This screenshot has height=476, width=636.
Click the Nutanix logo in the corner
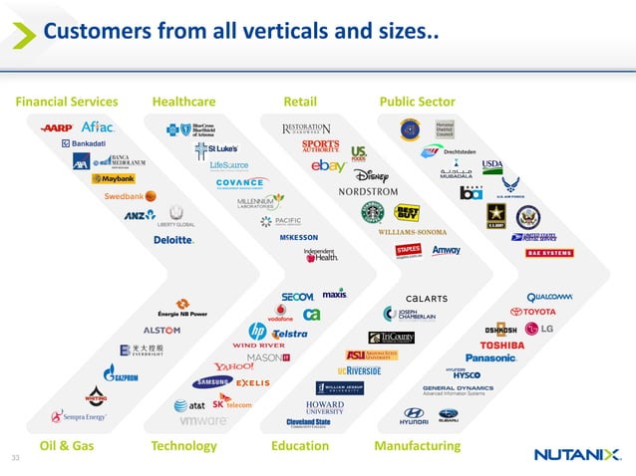tap(576, 454)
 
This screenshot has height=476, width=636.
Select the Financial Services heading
tap(67, 102)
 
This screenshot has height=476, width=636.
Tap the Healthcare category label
tap(183, 102)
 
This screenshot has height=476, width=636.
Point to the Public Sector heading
tap(417, 102)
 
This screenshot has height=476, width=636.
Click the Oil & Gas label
tap(66, 446)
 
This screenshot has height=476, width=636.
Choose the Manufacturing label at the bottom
tap(417, 446)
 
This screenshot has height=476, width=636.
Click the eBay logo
tap(328, 167)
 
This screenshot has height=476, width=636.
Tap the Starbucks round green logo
tap(372, 212)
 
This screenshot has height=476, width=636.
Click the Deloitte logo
tap(173, 240)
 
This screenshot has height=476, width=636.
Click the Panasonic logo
tap(490, 358)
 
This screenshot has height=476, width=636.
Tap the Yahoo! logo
tap(233, 366)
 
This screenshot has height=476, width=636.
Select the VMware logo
tap(202, 421)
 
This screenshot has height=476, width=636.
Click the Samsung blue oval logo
tap(213, 382)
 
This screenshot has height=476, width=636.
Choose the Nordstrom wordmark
tap(354, 191)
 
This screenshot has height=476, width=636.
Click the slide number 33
tap(15, 457)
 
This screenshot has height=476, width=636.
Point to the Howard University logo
tap(325, 406)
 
